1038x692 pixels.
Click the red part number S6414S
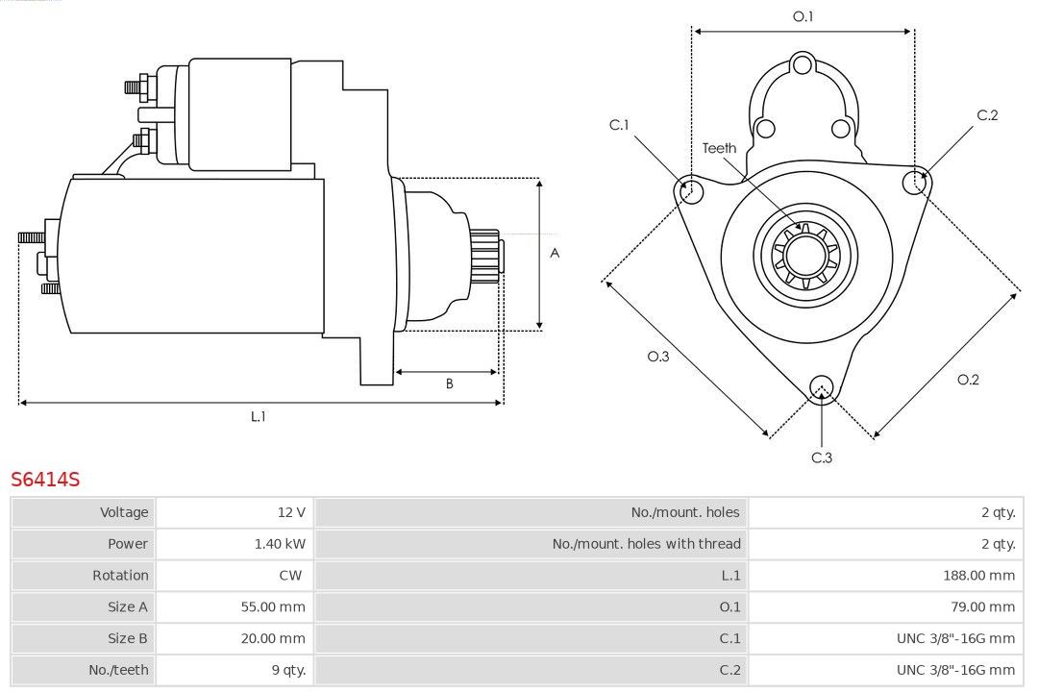pyautogui.click(x=45, y=479)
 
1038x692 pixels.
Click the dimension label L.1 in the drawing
pyautogui.click(x=258, y=417)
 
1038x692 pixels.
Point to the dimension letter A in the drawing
pyautogui.click(x=555, y=254)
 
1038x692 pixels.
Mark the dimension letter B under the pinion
pyautogui.click(x=449, y=384)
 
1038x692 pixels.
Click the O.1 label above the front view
pyautogui.click(x=803, y=16)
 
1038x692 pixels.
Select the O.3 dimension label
pyautogui.click(x=657, y=357)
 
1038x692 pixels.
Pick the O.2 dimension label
pyautogui.click(x=968, y=380)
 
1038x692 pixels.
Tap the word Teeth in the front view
pyautogui.click(x=719, y=148)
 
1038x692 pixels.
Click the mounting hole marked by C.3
pyautogui.click(x=821, y=387)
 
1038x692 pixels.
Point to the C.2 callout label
pyautogui.click(x=987, y=115)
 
